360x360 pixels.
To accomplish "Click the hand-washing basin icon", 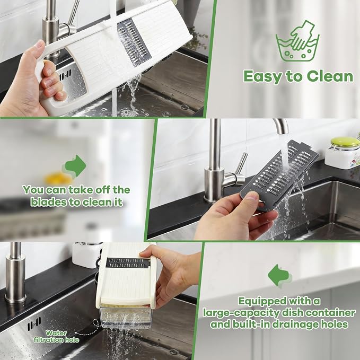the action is click(x=297, y=41).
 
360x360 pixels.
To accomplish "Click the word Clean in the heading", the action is click(x=330, y=76).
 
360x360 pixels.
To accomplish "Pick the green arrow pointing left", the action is click(x=279, y=275).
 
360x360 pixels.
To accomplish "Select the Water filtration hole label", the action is click(x=57, y=337).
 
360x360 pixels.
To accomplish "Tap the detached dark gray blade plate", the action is click(x=279, y=175).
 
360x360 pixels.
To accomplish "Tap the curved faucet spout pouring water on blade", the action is click(x=281, y=126).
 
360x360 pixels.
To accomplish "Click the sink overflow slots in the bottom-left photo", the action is click(x=34, y=324).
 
